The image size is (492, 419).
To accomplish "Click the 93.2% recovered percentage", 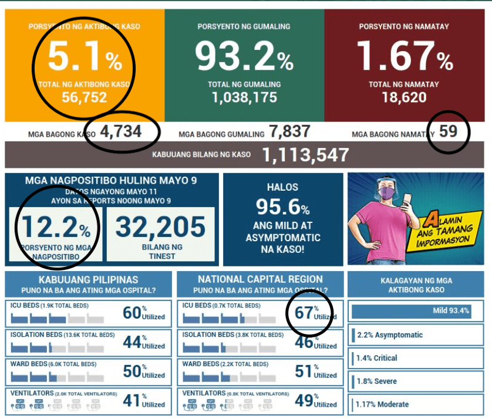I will click(243, 57).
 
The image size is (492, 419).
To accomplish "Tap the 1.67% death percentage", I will click(404, 57).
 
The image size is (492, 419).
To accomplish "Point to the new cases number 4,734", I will click(120, 131).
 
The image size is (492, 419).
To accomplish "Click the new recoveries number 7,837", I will click(289, 132).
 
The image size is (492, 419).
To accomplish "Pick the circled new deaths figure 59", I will click(448, 131).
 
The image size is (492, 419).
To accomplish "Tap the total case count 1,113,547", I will click(305, 155).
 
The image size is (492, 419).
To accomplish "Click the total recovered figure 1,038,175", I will click(244, 97).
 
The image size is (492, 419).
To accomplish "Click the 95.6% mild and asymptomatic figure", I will click(282, 207).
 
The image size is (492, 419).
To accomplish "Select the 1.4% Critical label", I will click(377, 358).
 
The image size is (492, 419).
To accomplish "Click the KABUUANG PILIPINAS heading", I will click(89, 279).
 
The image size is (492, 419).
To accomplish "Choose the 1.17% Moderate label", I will click(383, 404).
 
